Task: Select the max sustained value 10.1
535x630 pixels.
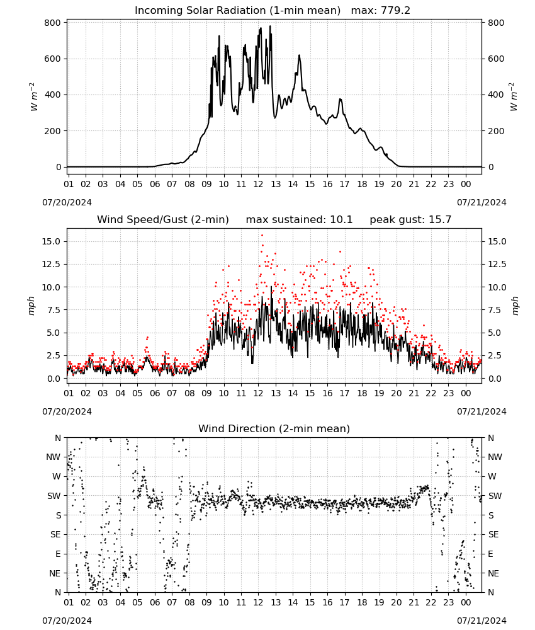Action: coord(341,219)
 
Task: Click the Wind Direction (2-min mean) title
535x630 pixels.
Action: coord(274,428)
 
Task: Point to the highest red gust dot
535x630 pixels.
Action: coord(262,236)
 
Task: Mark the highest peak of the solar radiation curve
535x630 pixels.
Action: coord(270,26)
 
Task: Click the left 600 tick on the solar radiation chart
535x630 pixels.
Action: coord(53,59)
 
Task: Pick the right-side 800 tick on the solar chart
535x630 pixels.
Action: coord(496,23)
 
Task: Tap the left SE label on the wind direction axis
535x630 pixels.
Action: coord(55,534)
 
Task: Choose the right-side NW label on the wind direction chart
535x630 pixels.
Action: coord(495,457)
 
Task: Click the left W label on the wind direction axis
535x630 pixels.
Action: coord(57,476)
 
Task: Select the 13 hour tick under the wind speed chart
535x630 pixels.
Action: coord(275,393)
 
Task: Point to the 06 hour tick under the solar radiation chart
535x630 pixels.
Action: coord(154,184)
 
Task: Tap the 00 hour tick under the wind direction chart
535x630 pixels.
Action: coord(466,603)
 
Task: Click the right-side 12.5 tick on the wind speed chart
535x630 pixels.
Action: coord(497,265)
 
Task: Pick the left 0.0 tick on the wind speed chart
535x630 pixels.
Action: coord(54,379)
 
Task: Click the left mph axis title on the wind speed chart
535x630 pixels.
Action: coord(31,306)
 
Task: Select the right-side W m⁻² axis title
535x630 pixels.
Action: coord(514,96)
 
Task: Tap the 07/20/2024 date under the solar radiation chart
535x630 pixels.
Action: coord(67,202)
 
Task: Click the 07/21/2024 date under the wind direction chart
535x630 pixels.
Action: coord(481,621)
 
